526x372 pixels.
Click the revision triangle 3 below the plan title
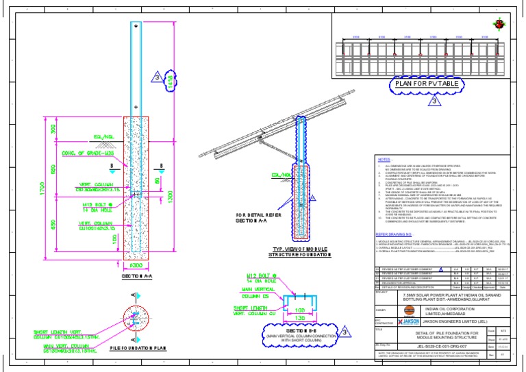point(434,101)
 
